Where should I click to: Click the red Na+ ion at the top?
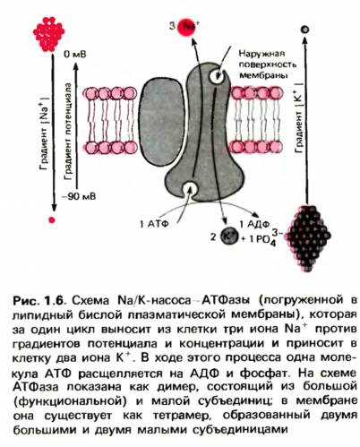186,28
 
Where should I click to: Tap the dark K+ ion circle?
229,236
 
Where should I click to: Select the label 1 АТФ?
154,223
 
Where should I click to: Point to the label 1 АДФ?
254,224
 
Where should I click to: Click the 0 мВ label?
74,54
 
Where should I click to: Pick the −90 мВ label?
79,196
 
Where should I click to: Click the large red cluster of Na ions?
48,34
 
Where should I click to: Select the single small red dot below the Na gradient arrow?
52,220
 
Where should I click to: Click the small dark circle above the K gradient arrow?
304,30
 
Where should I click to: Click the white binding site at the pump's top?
216,76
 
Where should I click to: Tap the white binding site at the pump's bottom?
190,188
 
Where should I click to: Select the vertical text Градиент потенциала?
68,132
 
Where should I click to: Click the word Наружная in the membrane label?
261,54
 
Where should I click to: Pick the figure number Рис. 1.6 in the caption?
38,300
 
